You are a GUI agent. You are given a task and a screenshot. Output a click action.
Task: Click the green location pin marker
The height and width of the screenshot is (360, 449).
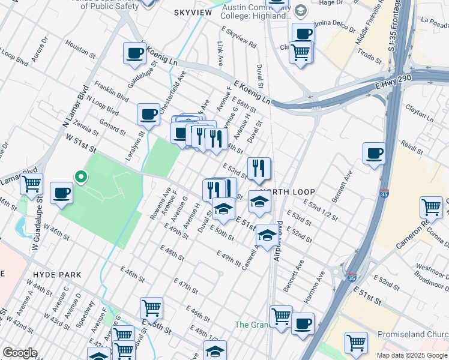tap(80, 177)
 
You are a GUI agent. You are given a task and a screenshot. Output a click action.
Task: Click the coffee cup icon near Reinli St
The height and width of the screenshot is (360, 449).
tap(374, 154)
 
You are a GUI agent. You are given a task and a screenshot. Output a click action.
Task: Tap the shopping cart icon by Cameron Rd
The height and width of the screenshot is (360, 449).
tap(431, 208)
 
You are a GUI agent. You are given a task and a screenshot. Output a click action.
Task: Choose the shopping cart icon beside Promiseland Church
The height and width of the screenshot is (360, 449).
tap(356, 343)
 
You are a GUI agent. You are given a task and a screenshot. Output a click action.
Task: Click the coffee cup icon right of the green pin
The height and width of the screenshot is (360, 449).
tap(61, 193)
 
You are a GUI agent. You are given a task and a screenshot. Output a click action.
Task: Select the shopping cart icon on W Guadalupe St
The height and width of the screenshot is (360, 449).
tap(31, 183)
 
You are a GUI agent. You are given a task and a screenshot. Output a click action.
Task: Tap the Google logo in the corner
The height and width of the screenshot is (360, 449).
tap(20, 353)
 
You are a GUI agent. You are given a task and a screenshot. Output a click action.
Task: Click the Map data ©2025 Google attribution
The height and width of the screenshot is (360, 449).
tap(411, 355)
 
